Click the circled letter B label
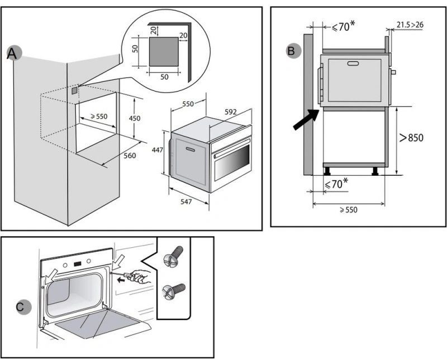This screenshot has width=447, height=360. [292, 51]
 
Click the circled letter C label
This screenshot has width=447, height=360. [21, 306]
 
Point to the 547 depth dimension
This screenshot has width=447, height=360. [187, 201]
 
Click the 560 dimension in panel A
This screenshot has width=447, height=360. [130, 156]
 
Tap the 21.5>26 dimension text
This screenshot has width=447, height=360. [410, 24]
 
